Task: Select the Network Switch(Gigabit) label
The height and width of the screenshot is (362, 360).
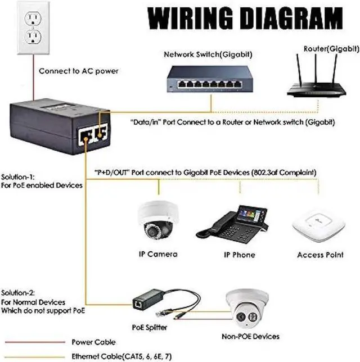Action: click(x=207, y=55)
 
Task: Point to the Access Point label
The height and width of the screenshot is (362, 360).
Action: click(x=319, y=255)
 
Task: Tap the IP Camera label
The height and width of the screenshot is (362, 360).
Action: click(x=157, y=255)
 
